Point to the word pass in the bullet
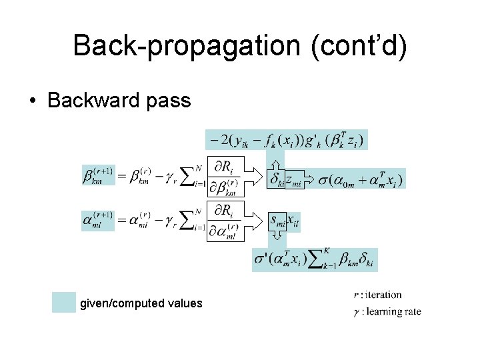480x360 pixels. coord(173,101)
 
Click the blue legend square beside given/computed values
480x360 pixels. coord(64,303)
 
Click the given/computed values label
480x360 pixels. coord(141,303)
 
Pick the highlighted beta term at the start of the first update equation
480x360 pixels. coord(97,177)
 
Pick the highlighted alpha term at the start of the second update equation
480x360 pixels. coord(97,220)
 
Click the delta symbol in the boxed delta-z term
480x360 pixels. coord(275,179)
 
